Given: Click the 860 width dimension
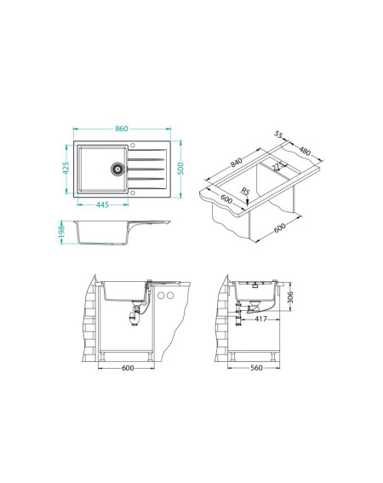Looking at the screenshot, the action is coord(122,129).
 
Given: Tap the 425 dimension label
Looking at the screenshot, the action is coord(66,168).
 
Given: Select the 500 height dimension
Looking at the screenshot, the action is coord(180,169).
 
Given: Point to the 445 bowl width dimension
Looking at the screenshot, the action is coord(102,204).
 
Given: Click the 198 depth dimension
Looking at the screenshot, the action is coord(61,232).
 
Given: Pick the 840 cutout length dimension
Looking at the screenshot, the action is coord(237,162).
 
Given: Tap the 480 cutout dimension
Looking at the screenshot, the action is coord(305,152).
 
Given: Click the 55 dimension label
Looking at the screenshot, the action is coord(278,135).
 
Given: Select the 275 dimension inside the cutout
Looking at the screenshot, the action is coord(277,166).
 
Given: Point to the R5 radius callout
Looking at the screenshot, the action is coord(245,192).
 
